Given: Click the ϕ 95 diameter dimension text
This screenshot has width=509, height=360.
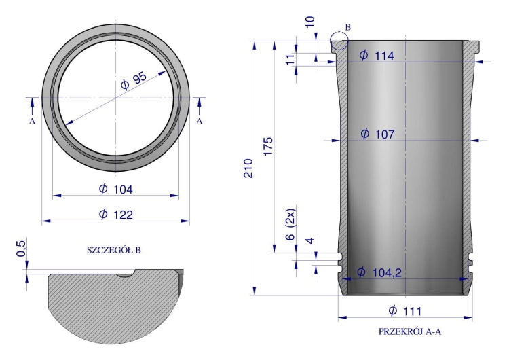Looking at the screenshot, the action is click(134, 81).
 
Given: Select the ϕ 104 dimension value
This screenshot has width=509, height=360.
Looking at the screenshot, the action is click(116, 189).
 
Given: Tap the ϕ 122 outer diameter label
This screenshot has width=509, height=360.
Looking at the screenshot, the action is click(116, 215).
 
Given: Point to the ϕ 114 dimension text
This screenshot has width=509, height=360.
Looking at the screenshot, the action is click(377, 56).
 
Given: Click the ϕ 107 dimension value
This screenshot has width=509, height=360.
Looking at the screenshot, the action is click(377, 134).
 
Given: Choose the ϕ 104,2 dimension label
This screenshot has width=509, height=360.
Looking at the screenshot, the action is click(379, 272).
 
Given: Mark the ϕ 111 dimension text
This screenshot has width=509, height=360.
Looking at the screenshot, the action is click(404, 311).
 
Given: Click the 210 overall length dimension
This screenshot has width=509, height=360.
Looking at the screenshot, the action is click(248, 168).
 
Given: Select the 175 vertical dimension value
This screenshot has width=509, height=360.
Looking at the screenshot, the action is click(269, 146).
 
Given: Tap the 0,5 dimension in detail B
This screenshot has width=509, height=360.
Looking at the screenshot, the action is click(20, 249).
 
